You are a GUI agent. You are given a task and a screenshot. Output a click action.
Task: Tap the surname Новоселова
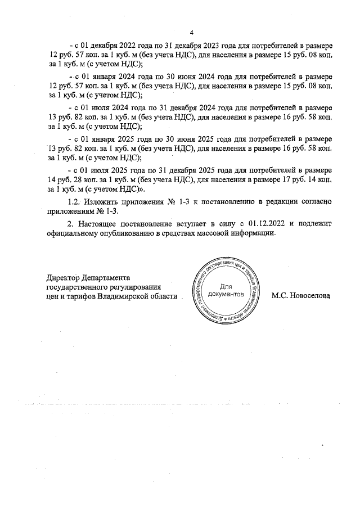point(301,295)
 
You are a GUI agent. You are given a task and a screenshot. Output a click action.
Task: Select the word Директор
point(64,277)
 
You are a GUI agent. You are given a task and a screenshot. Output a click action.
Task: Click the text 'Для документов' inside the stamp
point(226,290)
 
